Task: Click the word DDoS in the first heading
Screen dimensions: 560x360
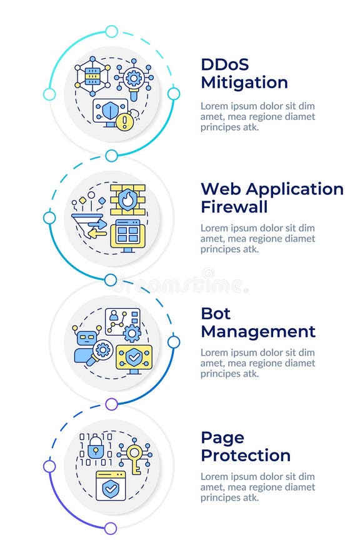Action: click(x=225, y=64)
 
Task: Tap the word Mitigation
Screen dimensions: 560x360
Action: click(x=244, y=82)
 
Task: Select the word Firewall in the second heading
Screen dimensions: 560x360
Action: click(x=234, y=206)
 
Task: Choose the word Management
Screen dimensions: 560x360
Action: click(x=257, y=331)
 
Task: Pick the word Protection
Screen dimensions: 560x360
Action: click(x=245, y=455)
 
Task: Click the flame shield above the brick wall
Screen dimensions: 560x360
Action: click(x=127, y=199)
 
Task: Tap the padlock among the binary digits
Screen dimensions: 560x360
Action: click(x=96, y=447)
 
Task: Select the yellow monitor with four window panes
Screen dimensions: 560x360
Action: click(x=127, y=235)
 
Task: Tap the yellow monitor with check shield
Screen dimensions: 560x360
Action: click(x=133, y=357)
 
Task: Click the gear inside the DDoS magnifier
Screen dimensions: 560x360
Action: click(x=132, y=78)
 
